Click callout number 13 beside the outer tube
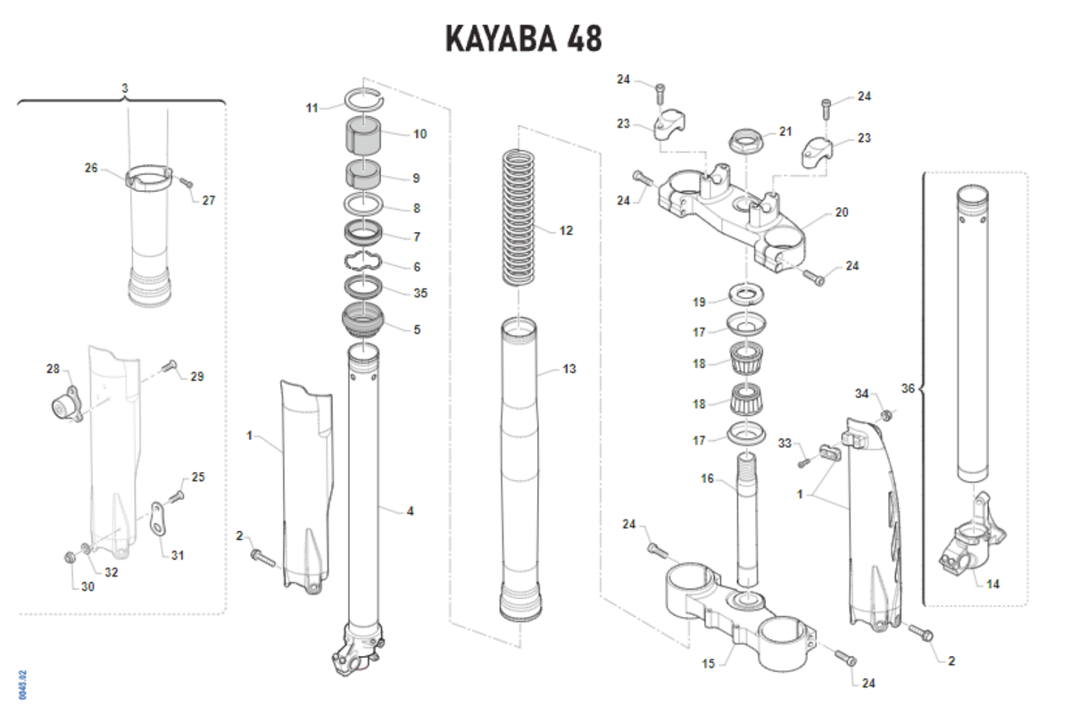click(569, 368)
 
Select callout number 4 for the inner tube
click(410, 511)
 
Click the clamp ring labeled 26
click(148, 178)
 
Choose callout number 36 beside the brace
click(909, 388)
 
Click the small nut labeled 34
click(886, 415)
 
